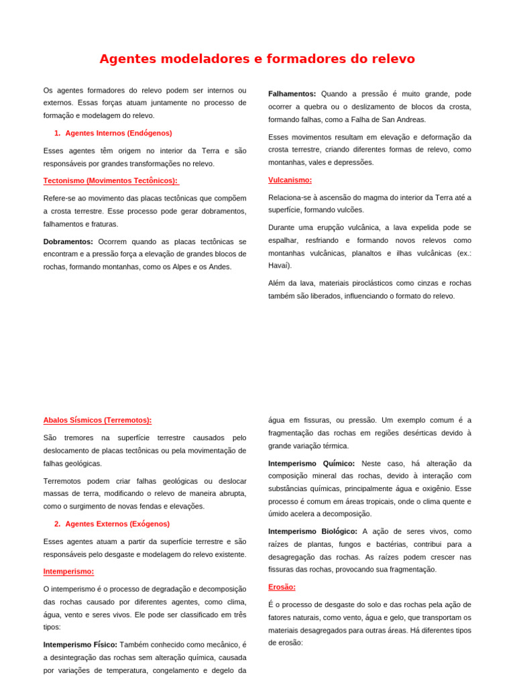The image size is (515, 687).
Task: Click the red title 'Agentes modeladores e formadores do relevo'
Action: (257, 59)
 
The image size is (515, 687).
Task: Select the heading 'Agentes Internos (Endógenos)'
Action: (118, 133)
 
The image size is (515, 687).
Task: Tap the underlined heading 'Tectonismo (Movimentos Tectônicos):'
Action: (111, 180)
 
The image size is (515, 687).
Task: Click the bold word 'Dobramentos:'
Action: (68, 242)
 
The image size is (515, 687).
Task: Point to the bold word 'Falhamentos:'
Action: (292, 94)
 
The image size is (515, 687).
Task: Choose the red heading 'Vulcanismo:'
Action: (290, 180)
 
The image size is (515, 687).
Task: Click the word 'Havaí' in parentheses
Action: (279, 266)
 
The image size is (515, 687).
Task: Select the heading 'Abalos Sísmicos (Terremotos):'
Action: (97, 420)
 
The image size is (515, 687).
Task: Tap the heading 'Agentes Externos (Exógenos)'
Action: (117, 524)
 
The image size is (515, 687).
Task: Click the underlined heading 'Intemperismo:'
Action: (68, 572)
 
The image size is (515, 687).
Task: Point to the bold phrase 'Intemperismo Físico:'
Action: (80, 645)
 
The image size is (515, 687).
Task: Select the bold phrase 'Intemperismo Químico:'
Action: (311, 464)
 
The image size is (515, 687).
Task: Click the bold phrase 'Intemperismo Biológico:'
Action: (312, 531)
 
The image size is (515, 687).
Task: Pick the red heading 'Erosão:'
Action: (282, 587)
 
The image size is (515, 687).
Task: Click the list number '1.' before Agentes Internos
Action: (58, 133)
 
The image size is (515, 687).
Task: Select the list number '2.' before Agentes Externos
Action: (58, 524)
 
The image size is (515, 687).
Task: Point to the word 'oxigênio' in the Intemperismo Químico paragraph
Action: (437, 489)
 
